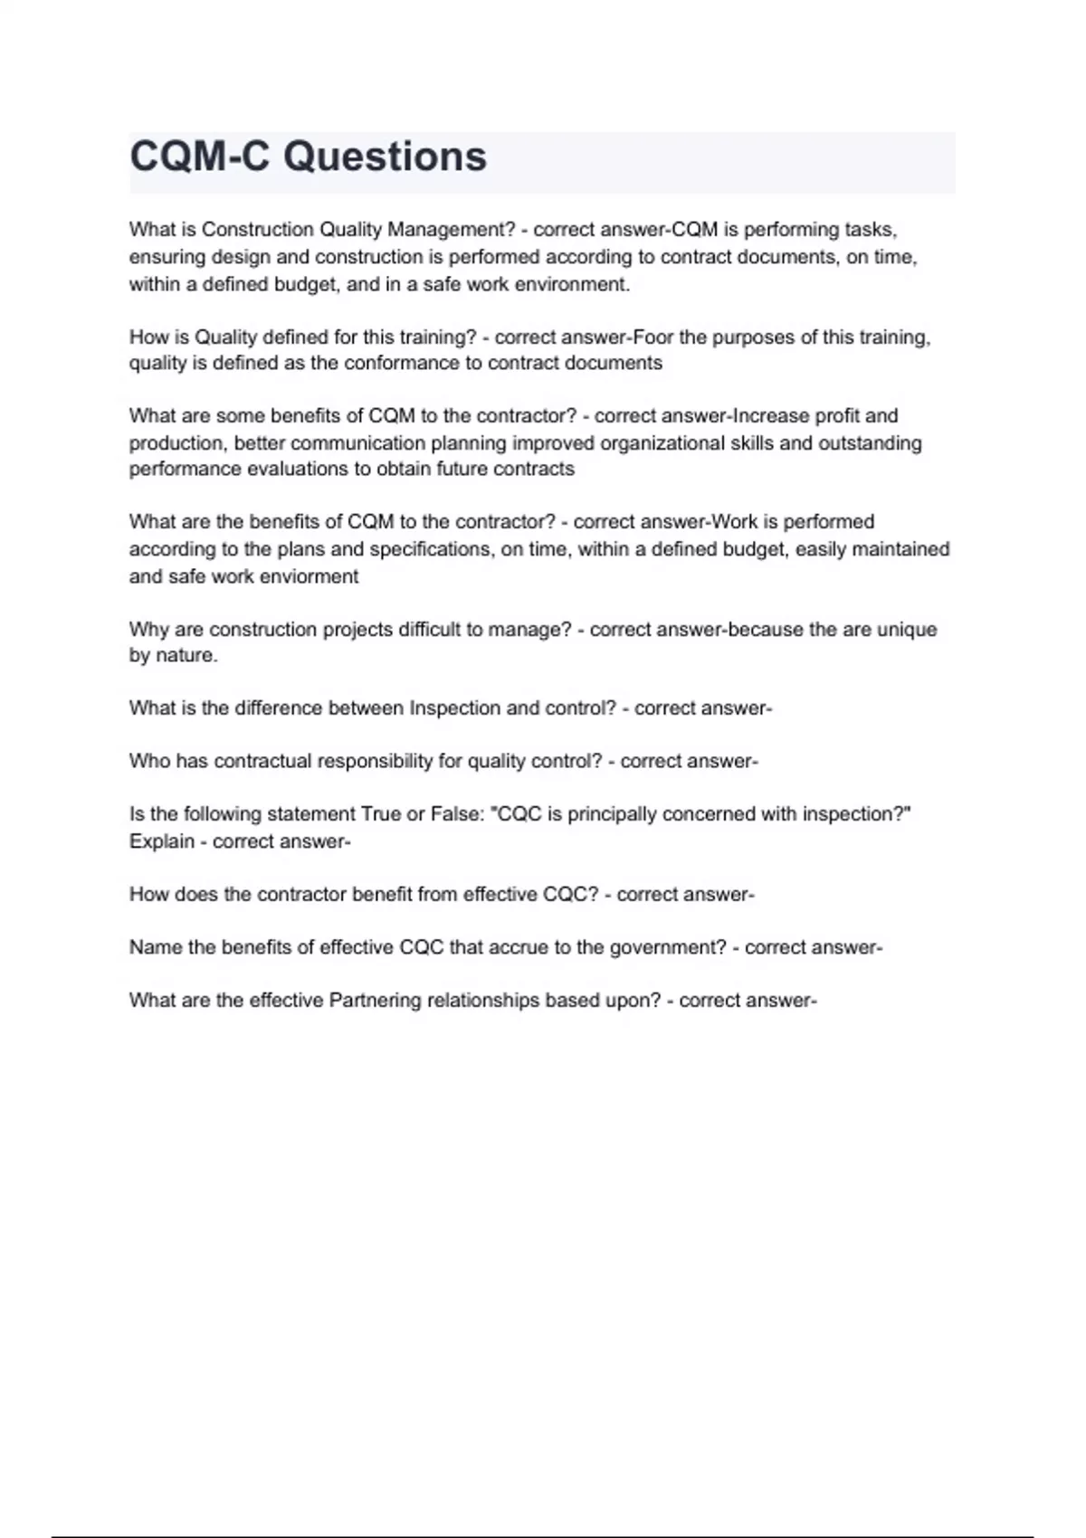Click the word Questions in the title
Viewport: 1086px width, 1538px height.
385,157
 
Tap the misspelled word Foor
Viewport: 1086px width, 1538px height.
653,337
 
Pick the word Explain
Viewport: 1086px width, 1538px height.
162,841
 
